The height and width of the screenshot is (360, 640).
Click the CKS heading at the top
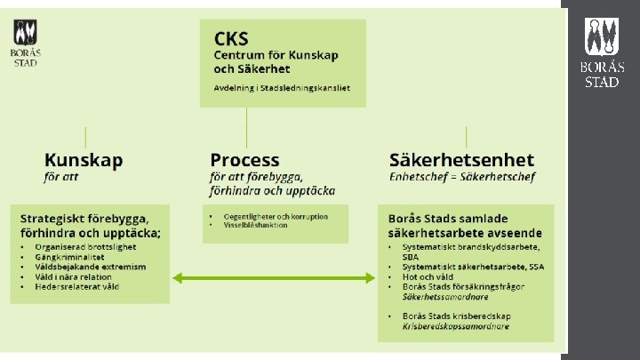(x=232, y=38)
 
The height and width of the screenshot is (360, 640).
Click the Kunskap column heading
(x=84, y=161)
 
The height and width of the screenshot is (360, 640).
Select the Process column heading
(x=244, y=161)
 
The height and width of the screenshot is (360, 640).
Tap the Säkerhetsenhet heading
(x=461, y=161)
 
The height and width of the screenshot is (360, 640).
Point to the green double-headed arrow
(x=275, y=278)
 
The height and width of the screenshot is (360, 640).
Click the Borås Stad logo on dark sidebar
(x=603, y=52)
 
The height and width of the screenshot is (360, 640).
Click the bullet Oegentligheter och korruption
(x=276, y=216)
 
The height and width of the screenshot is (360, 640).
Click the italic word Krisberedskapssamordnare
(x=456, y=327)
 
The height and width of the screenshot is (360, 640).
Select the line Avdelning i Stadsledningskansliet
(x=282, y=88)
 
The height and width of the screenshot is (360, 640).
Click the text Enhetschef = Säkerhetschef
(x=462, y=177)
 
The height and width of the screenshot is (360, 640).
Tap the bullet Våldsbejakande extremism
(x=91, y=266)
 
